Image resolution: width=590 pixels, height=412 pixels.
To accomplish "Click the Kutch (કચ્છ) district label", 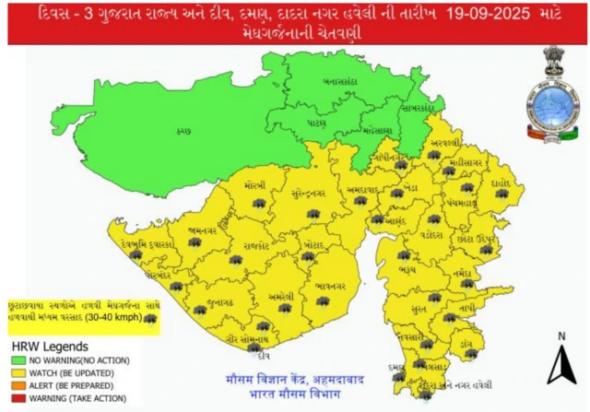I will [x=183, y=132].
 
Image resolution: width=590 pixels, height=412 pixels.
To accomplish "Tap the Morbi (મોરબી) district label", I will [x=255, y=186].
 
